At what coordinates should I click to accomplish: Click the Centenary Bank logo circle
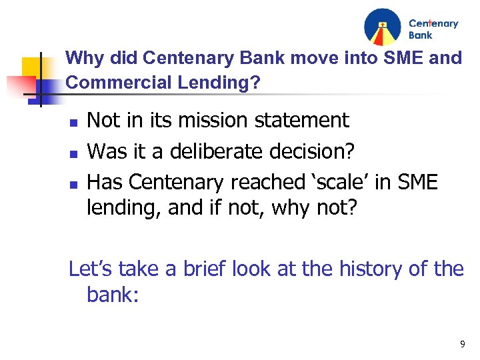point(383,27)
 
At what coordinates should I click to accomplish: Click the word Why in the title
point(84,58)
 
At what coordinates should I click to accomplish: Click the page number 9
point(463,344)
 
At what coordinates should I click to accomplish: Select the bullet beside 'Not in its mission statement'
point(75,123)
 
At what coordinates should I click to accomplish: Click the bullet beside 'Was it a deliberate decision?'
point(75,153)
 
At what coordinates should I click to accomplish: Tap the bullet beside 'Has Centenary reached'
point(75,183)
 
